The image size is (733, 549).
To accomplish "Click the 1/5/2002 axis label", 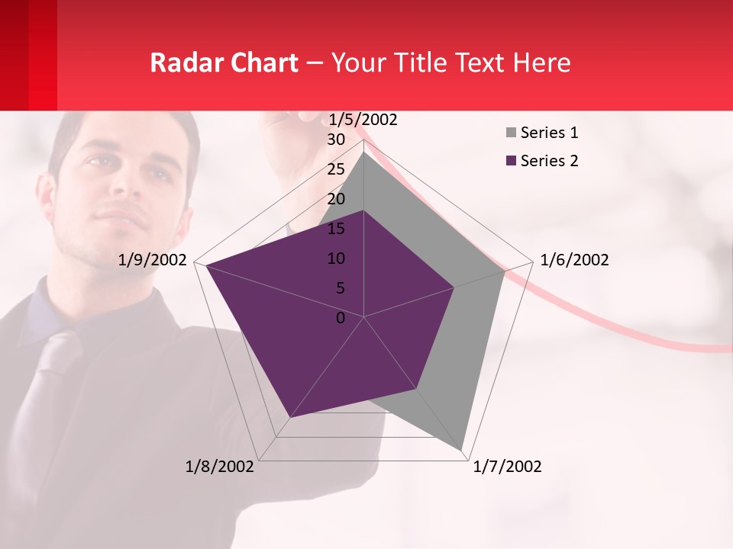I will coord(363,119).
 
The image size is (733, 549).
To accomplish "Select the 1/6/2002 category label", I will coord(574,260).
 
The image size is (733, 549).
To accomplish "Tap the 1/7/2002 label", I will coord(507,467).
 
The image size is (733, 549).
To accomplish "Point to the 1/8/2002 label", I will coord(219,467).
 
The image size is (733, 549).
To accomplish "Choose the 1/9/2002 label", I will coord(153,260).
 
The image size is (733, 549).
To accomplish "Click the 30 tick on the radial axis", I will coord(336,140).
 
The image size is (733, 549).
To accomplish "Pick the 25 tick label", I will coord(336,169).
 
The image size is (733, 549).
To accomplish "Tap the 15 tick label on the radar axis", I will coord(336,229).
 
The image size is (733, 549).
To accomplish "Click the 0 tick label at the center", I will coord(341,318).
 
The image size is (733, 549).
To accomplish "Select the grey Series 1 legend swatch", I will coord(511,133).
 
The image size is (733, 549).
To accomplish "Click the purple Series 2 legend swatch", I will coord(511,161).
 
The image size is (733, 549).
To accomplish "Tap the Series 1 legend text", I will coord(549,133).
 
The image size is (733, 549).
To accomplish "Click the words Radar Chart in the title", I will coord(224,63).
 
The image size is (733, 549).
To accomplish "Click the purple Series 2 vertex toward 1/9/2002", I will coord(205,265).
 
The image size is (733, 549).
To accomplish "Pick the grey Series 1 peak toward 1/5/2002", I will coord(364,152).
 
